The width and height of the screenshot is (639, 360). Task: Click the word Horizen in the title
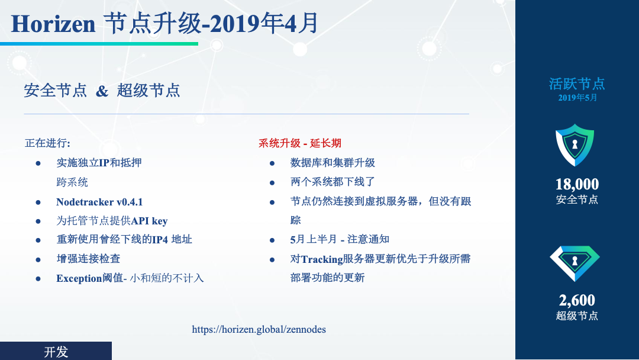tap(53, 24)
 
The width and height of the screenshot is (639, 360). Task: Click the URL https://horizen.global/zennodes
tap(259, 329)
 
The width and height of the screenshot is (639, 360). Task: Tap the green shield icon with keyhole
tap(575, 144)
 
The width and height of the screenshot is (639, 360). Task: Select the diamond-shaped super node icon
tap(575, 263)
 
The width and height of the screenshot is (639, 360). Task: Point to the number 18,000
tap(577, 184)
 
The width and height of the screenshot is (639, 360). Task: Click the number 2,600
tap(577, 300)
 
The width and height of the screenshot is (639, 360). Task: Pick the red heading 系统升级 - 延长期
tap(299, 143)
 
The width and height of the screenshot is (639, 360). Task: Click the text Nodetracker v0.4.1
tap(99, 202)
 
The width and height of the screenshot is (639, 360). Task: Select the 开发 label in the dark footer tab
tap(56, 352)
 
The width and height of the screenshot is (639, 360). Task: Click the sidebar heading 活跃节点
tap(577, 84)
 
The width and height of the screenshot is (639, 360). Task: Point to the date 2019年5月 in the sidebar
tap(577, 98)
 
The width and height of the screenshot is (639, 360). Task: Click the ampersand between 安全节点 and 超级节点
tap(102, 91)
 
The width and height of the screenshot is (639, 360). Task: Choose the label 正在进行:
tap(48, 143)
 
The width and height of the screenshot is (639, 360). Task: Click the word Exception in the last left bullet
tap(79, 278)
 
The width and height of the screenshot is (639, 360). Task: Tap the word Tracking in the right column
tap(322, 259)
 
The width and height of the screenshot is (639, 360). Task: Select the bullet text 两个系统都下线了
tap(333, 182)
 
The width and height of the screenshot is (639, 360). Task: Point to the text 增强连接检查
tap(88, 259)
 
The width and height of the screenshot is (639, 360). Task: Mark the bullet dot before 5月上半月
tap(272, 240)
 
